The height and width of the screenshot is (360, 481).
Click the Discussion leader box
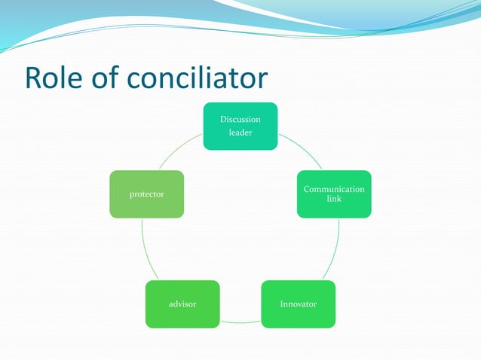pyautogui.click(x=240, y=126)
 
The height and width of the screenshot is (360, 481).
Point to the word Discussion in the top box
pyautogui.click(x=240, y=119)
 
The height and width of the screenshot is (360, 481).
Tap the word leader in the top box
pyautogui.click(x=240, y=133)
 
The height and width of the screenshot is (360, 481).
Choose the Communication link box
pyautogui.click(x=334, y=194)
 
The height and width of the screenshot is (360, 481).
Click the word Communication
pyautogui.click(x=334, y=189)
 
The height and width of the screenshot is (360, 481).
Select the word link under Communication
pyautogui.click(x=334, y=199)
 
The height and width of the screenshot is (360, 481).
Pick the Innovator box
pyautogui.click(x=299, y=304)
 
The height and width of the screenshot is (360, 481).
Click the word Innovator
pyautogui.click(x=299, y=304)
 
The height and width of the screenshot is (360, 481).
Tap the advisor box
pyautogui.click(x=182, y=304)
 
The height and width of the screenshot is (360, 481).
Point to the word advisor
pyautogui.click(x=182, y=304)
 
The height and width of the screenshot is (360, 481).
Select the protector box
pyautogui.click(x=146, y=194)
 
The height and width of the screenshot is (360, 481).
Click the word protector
pyautogui.click(x=146, y=194)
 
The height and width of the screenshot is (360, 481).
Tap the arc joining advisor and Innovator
pyautogui.click(x=240, y=322)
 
